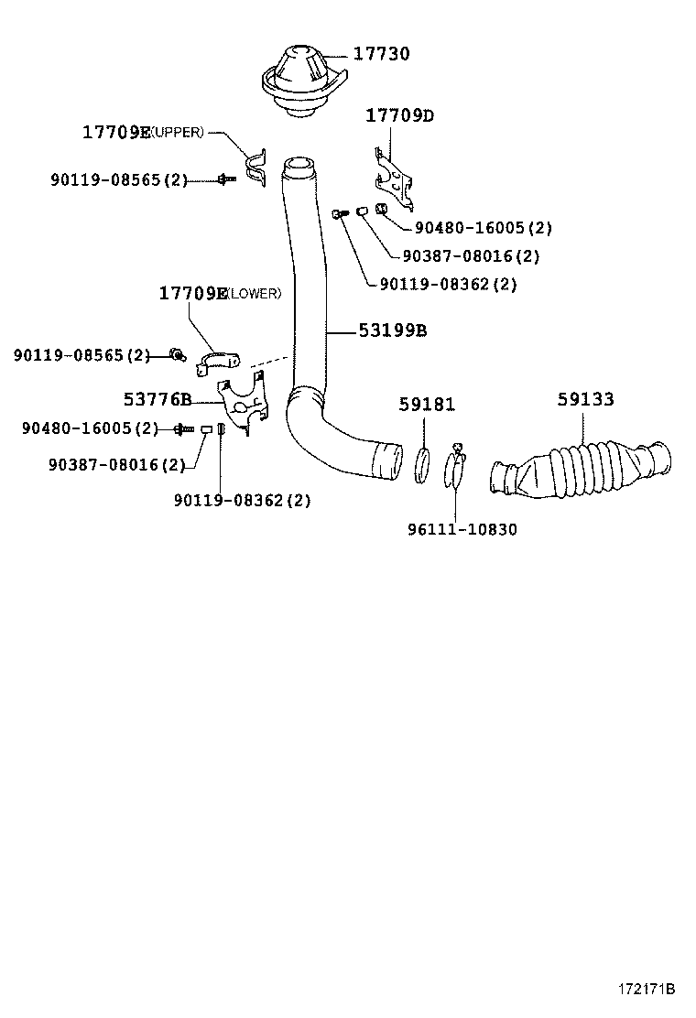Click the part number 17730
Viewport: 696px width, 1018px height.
pos(381,54)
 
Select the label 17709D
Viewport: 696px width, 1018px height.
pos(399,115)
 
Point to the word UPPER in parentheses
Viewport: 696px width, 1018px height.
pos(178,133)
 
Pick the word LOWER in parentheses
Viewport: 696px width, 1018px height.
pos(254,294)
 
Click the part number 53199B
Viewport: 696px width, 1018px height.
pos(393,330)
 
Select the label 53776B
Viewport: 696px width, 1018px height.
pos(158,399)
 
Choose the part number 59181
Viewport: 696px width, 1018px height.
pos(427,404)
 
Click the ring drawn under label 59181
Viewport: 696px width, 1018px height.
pos(424,463)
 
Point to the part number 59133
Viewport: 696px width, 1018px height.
pos(585,400)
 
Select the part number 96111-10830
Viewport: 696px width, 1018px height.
pos(462,529)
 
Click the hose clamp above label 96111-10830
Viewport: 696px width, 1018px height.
pos(457,467)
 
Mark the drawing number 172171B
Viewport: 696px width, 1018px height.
pos(645,989)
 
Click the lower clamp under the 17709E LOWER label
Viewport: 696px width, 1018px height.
pos(217,361)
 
